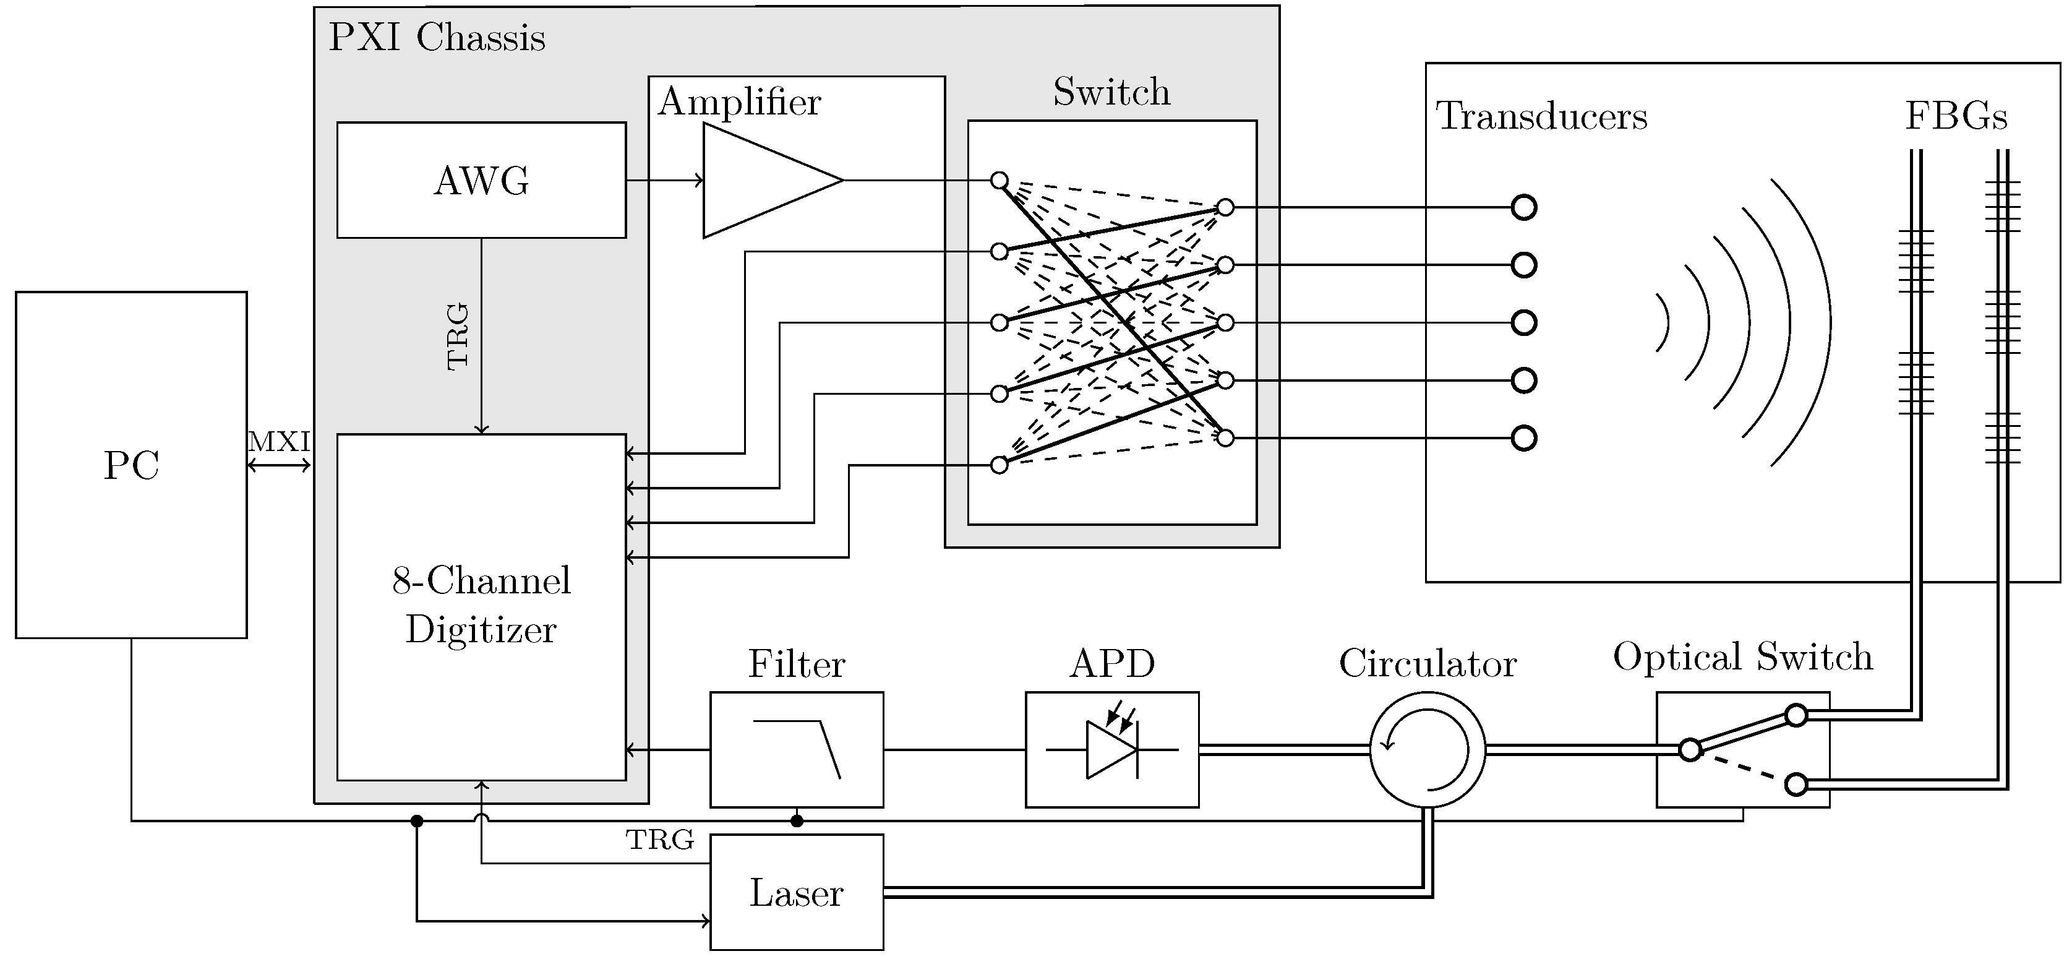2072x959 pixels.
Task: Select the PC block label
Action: [131, 465]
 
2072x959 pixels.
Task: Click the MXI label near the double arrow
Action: [278, 442]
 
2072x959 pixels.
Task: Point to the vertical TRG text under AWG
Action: [457, 337]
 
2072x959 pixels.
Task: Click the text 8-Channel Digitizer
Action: [481, 604]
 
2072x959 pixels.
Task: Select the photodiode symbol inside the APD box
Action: [1111, 749]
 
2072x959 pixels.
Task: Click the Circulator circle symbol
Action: [1427, 749]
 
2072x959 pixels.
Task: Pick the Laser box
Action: [796, 892]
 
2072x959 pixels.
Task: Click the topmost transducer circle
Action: [1523, 207]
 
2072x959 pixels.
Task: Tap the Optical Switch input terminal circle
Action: [1690, 750]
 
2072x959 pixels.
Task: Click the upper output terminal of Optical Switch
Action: [1796, 715]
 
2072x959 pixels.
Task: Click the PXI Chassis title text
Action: [437, 38]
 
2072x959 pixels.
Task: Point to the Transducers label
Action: [1541, 116]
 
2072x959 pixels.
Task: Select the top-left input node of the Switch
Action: [999, 180]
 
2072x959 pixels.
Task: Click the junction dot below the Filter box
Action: [796, 820]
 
